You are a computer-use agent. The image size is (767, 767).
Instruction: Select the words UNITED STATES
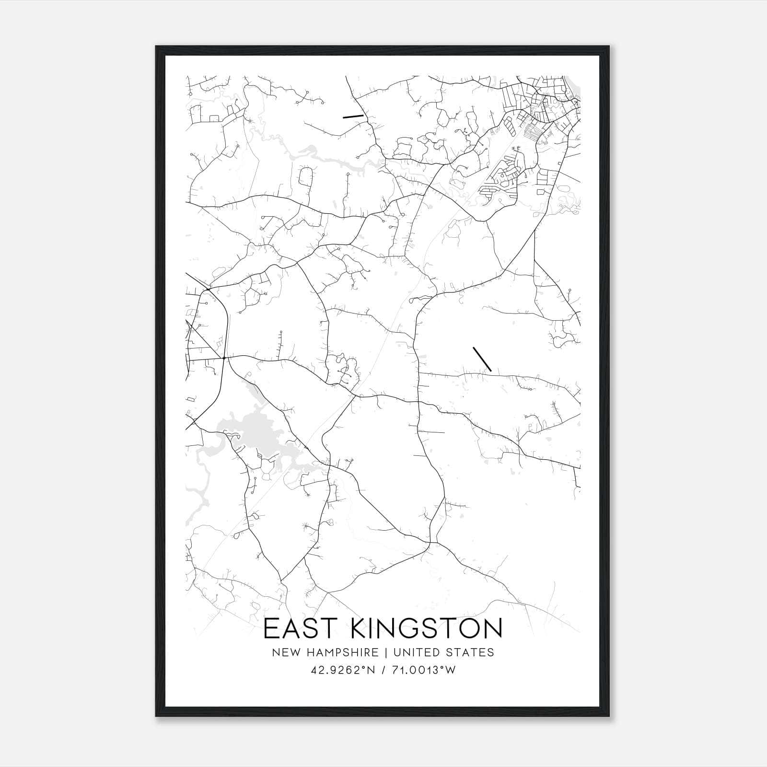pos(443,652)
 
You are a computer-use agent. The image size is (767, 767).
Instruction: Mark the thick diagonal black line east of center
pos(482,359)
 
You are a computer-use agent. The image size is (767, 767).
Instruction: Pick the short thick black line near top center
pos(353,116)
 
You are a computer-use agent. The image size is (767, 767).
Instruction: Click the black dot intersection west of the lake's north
pos(224,357)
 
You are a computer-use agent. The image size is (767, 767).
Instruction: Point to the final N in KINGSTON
pos(492,628)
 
